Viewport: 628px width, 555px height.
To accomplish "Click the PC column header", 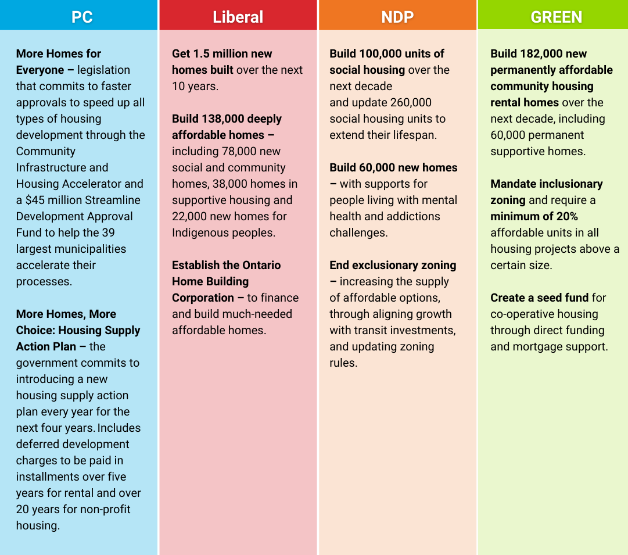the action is tap(82, 17).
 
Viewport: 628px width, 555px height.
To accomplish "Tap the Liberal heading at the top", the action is tap(238, 17).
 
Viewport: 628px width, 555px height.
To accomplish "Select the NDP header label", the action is tap(397, 17).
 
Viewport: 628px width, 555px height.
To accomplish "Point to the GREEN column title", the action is tap(557, 17).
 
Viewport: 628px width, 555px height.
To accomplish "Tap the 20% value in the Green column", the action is tap(567, 216).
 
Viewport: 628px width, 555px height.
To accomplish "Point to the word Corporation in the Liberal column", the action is tap(203, 298).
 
